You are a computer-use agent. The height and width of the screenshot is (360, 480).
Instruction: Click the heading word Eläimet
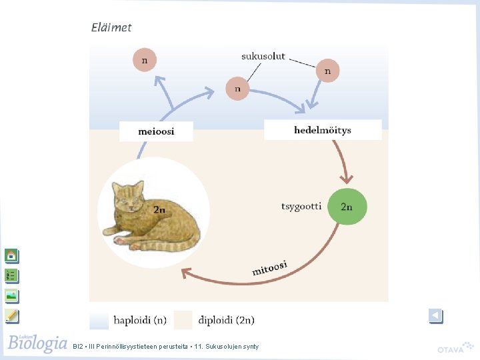point(111,27)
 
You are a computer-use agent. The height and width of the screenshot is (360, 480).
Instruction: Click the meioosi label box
point(156,131)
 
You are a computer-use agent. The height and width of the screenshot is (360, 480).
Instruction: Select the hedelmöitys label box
point(323,130)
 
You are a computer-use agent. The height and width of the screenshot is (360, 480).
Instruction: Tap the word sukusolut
point(263,56)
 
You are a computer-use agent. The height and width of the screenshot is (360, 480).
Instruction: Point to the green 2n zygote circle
point(347,207)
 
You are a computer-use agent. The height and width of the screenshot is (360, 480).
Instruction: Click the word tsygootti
point(301,206)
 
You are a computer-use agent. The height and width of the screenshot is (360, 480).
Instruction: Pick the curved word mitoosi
point(269,268)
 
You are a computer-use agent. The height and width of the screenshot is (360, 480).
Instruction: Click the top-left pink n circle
point(145,60)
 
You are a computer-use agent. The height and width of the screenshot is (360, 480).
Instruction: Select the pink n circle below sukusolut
point(237,88)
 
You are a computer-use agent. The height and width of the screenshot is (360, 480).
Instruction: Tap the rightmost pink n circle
point(327,71)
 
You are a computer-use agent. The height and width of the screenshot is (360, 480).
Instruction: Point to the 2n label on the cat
point(159,209)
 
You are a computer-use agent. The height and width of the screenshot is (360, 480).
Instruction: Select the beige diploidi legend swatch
point(183,320)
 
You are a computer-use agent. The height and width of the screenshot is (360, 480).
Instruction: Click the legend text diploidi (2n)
point(226,320)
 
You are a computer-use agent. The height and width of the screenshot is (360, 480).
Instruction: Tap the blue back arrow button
point(436,316)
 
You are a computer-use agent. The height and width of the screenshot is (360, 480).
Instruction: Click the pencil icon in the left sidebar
point(11,315)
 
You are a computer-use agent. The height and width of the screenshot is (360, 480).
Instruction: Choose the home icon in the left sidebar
point(11,255)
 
